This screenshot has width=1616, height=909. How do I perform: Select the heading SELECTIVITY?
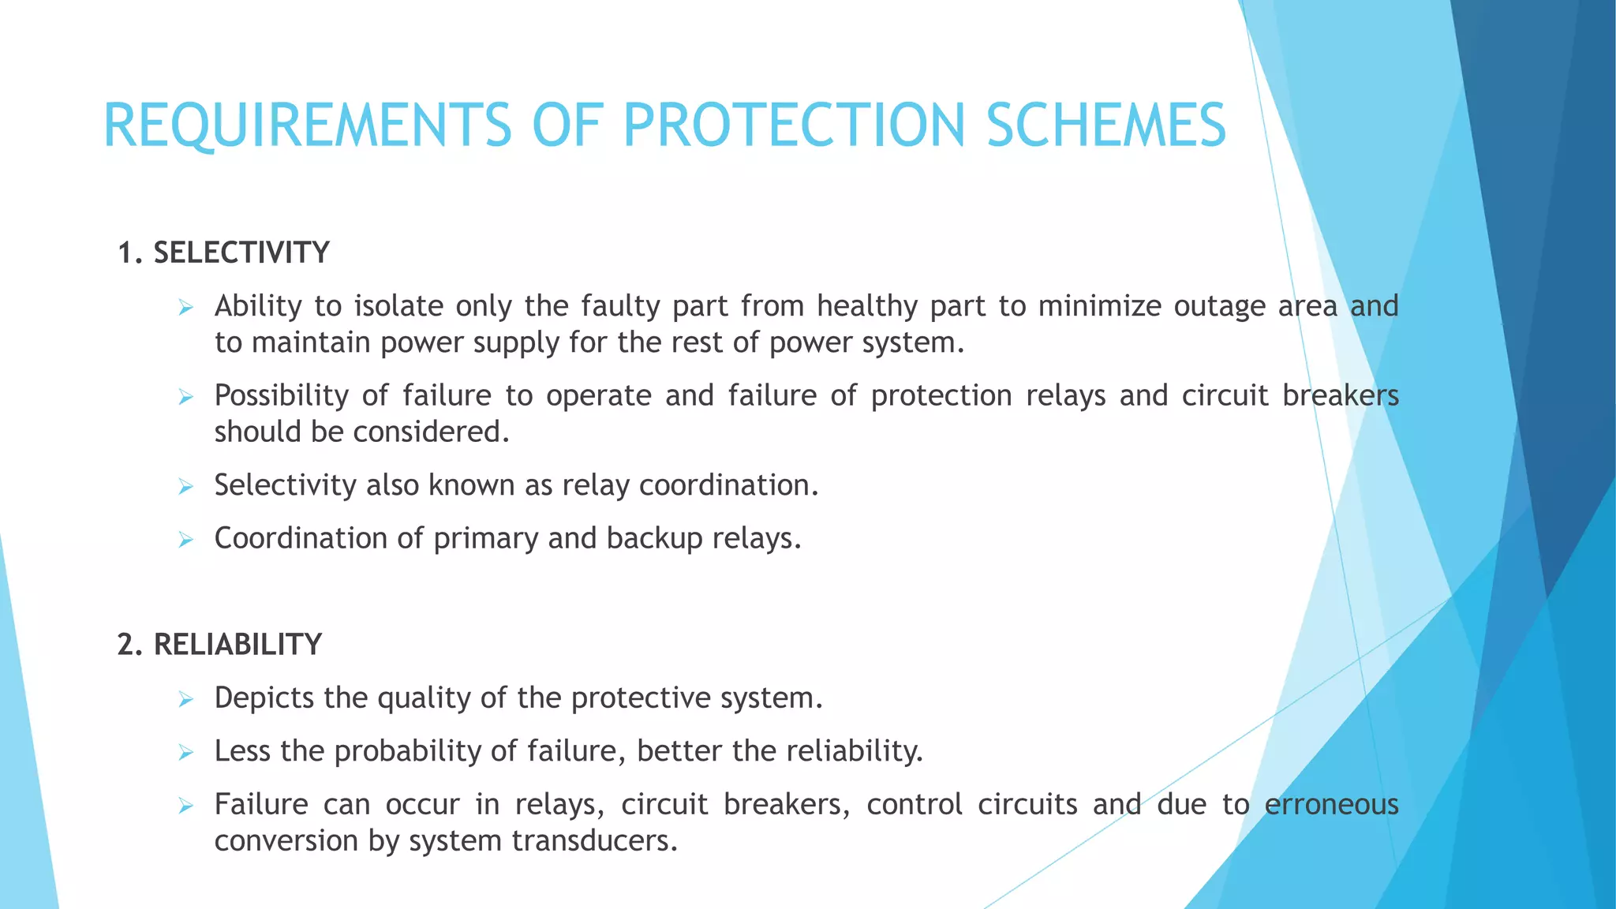pos(241,253)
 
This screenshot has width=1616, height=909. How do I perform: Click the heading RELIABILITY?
pos(238,645)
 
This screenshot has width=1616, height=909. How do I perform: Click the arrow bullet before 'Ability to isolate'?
pos(186,308)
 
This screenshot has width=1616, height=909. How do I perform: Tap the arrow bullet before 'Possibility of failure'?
pos(186,397)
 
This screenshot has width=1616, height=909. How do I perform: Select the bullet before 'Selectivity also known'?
pos(186,487)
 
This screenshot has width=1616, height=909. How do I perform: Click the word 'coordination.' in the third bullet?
pos(728,485)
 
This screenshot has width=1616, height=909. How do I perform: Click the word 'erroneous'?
pos(1331,805)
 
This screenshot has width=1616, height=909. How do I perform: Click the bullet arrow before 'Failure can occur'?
pos(186,806)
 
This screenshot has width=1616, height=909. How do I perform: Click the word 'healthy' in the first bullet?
pos(867,306)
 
